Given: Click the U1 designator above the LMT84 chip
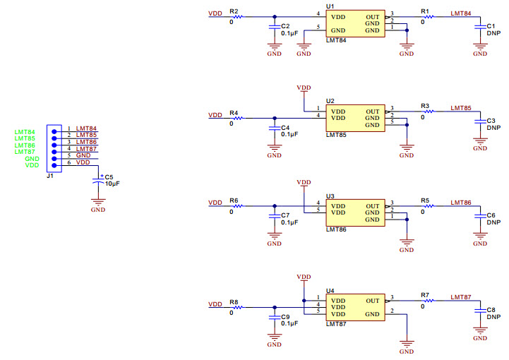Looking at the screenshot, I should [330, 6].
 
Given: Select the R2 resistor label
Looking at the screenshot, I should [234, 12].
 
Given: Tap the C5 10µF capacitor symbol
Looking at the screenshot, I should [98, 182].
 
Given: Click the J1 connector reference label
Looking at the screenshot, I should [49, 176].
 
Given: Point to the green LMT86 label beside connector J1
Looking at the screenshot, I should [25, 145].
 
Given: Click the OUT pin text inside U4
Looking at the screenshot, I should [372, 301].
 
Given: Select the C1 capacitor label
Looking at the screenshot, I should [491, 26].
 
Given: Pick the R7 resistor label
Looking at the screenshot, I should [424, 294].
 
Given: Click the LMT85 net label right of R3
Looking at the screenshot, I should [461, 108].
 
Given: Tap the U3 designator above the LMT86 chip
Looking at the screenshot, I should [330, 196].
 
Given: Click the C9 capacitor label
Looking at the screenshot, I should [285, 317].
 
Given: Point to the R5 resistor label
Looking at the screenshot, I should [424, 200].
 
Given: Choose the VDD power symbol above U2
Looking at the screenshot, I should [304, 88].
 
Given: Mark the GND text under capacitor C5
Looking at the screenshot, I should [98, 210].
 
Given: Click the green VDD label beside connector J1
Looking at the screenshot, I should [32, 165].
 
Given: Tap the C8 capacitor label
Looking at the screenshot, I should [491, 310].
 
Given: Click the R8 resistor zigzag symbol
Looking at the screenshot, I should [237, 307].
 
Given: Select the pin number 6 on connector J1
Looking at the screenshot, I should [69, 163].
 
